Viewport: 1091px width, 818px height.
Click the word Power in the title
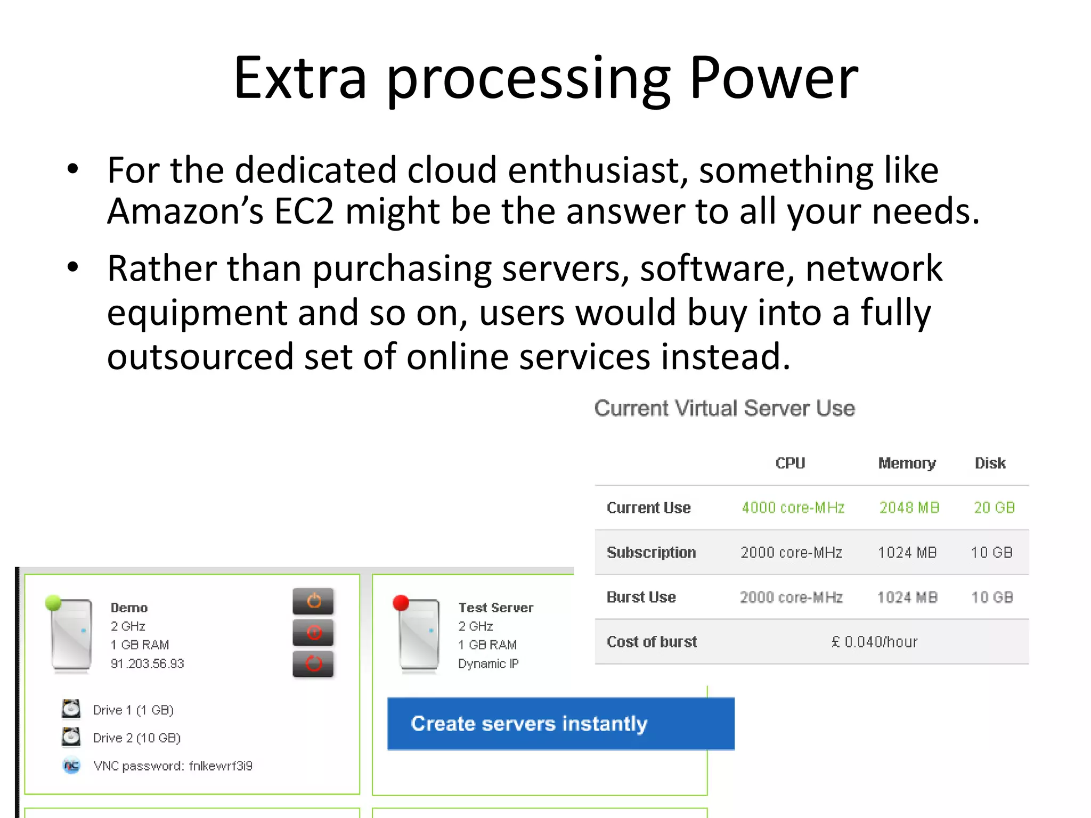tap(774, 79)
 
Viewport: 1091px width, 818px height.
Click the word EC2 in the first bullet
tap(304, 211)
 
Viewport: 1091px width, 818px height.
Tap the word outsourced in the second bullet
tap(200, 356)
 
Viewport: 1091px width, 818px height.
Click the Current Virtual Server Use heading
tap(724, 408)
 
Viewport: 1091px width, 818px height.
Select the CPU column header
tap(790, 463)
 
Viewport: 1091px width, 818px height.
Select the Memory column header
tap(907, 463)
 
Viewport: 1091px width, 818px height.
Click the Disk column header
tap(990, 463)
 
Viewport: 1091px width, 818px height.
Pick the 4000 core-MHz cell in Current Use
tap(793, 508)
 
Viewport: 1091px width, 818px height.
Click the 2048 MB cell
tap(909, 508)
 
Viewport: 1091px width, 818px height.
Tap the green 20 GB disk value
tap(994, 508)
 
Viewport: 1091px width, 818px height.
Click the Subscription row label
tap(651, 552)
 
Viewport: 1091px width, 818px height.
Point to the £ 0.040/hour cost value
tap(874, 642)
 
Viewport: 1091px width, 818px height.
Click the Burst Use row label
tap(641, 597)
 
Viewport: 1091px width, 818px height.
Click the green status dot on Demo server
tap(53, 602)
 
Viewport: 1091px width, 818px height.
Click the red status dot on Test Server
tap(401, 602)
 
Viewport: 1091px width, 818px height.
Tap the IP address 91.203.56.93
tap(147, 664)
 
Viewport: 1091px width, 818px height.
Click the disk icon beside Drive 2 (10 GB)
tap(71, 737)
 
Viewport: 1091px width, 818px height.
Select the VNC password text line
tap(173, 766)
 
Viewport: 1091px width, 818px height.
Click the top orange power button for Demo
tap(313, 601)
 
